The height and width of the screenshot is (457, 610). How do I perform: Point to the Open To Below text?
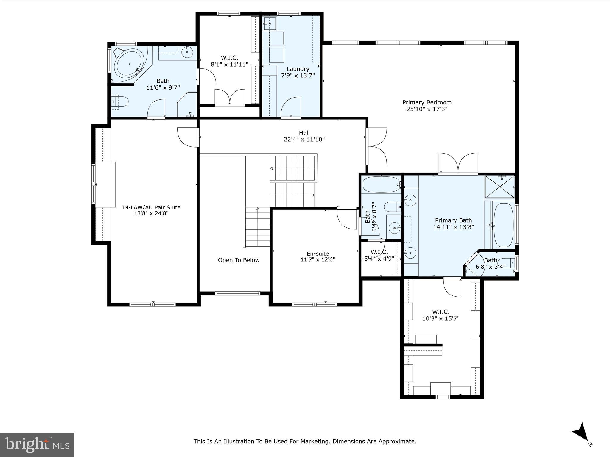point(239,260)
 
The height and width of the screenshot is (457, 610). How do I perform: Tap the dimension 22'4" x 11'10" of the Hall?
point(304,139)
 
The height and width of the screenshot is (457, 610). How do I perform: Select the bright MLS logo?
point(37,445)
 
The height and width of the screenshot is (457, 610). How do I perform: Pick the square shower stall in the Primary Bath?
point(499,187)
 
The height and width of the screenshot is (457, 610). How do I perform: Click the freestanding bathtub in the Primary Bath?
point(504,225)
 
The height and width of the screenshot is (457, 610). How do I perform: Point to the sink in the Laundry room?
point(270,23)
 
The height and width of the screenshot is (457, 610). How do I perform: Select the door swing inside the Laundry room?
point(290,107)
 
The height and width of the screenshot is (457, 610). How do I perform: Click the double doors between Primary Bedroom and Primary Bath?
point(458,163)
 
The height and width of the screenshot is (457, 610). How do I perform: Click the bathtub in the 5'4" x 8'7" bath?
point(381,184)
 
